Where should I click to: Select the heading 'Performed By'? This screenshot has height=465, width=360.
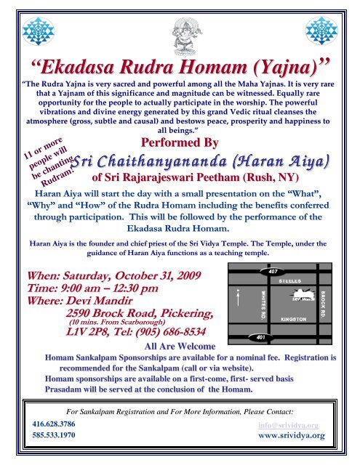pos(180,141)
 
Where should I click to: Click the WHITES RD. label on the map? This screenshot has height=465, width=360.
pos(262,303)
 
